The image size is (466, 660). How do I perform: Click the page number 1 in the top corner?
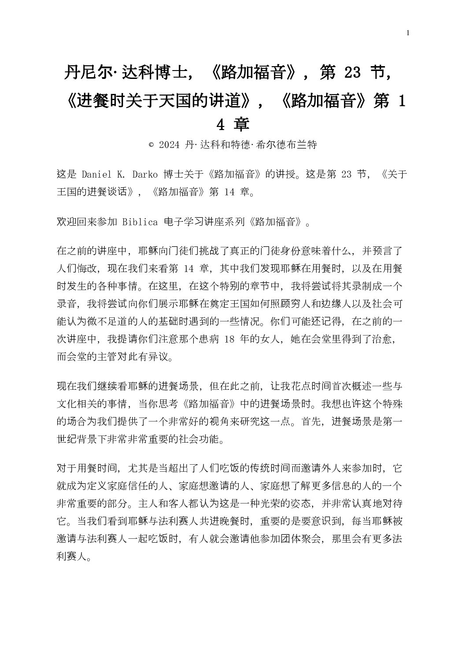pyautogui.click(x=409, y=33)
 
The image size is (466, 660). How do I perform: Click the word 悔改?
pyautogui.click(x=88, y=269)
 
